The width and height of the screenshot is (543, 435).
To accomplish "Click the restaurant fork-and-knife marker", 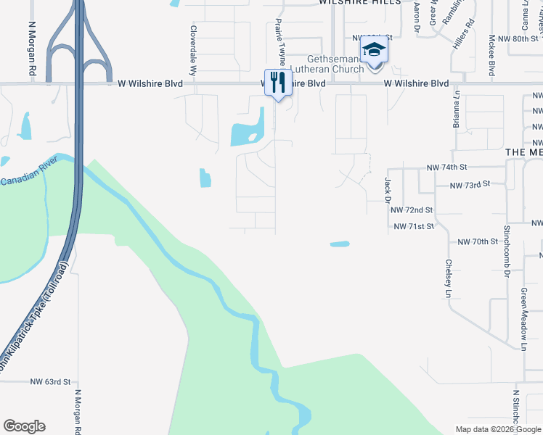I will [277, 83].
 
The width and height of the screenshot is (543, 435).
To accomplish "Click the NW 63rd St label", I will [50, 381].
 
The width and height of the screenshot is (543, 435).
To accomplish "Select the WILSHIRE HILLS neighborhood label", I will [359, 3].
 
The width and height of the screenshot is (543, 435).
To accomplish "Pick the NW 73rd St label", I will [468, 186].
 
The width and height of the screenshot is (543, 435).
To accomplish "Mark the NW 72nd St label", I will [412, 210].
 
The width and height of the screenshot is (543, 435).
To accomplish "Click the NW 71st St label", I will [414, 227].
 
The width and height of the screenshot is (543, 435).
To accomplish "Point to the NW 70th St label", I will [475, 241].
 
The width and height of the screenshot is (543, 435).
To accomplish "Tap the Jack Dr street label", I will [387, 189].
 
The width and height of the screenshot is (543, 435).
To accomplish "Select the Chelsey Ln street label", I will [449, 278].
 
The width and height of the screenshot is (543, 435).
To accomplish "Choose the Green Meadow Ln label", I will [523, 319].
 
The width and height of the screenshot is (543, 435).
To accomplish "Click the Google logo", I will [24, 426].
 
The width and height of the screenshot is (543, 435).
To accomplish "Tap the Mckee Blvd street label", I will [491, 55].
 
